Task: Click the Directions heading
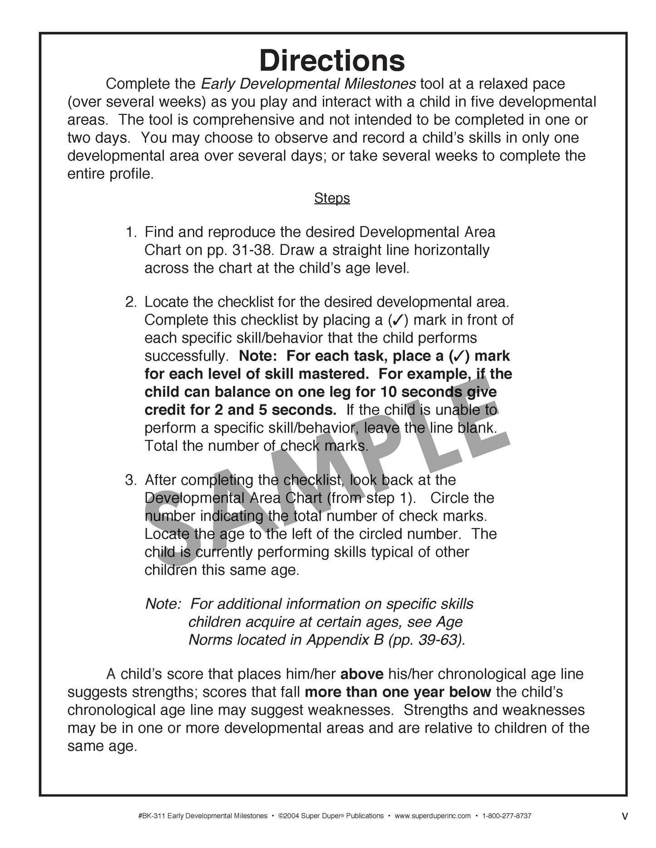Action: point(332,61)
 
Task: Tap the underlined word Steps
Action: point(332,198)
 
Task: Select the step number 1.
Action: point(130,232)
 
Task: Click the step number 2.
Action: point(130,302)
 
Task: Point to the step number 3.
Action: point(130,480)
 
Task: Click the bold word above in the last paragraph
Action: point(362,674)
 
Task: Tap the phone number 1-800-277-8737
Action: point(507,816)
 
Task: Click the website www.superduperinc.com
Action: point(433,816)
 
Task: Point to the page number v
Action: point(625,816)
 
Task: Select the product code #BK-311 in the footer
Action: point(151,816)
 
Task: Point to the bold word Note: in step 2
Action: point(257,356)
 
